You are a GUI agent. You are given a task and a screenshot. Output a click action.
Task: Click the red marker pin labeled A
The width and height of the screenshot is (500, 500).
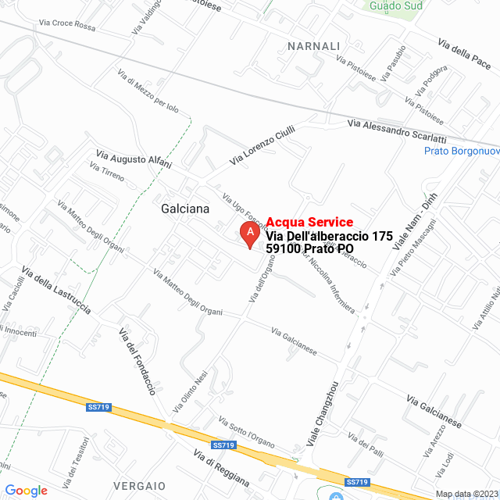249,234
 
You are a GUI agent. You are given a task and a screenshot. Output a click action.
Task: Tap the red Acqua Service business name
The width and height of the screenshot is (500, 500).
309,223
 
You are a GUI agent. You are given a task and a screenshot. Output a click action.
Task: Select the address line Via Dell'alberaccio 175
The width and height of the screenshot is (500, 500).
329,236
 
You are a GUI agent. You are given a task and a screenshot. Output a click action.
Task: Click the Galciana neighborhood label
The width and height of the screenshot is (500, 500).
184,209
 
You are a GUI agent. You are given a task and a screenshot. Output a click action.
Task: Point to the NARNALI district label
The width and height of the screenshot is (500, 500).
314,46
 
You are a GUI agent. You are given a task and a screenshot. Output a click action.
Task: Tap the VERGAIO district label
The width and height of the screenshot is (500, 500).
139,485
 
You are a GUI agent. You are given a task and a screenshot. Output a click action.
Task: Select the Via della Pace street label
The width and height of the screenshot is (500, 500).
463,53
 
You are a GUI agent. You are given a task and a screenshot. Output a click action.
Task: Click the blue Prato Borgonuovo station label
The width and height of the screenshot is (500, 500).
461,152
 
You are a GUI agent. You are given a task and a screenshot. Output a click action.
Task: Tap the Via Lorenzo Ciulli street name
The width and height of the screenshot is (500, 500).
262,145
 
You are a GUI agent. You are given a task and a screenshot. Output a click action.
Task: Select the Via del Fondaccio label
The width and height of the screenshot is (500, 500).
137,361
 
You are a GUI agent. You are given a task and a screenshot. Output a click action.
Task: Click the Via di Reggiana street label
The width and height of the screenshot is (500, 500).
221,469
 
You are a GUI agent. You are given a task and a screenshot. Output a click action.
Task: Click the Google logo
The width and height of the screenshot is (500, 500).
26,490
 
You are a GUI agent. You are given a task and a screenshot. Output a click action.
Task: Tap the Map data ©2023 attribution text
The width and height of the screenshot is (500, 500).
466,494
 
